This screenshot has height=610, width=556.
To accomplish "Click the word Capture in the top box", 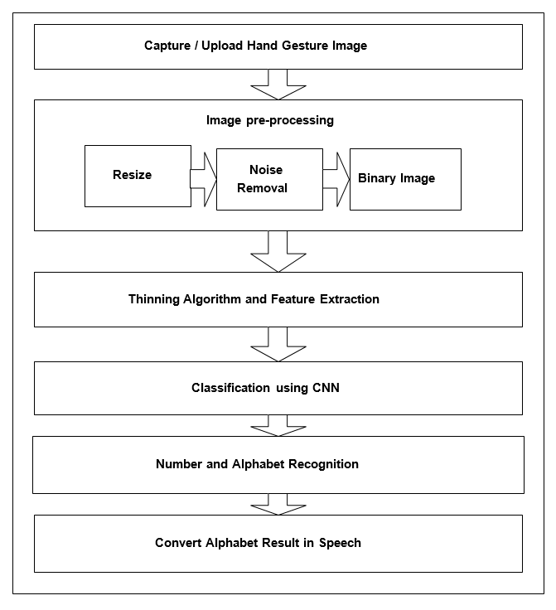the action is (167, 46).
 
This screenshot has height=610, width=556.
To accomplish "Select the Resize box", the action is (138, 176).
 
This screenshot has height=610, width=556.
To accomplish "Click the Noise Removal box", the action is (269, 179).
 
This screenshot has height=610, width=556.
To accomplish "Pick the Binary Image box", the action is (405, 179).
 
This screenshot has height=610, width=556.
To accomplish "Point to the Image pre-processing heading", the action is (270, 121).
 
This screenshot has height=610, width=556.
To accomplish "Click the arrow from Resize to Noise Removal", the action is (203, 179).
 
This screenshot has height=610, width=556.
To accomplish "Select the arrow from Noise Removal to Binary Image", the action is (336, 179).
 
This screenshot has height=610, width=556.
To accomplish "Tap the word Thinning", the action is (154, 299).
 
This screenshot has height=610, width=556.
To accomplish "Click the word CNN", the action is (326, 388).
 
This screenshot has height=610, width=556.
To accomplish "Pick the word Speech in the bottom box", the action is (340, 543).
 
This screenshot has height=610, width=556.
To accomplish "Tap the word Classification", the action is (230, 388).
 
